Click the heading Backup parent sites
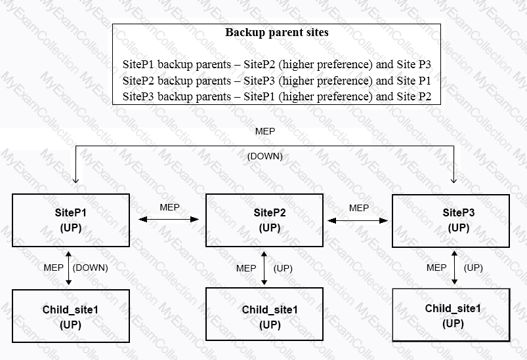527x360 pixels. (276, 33)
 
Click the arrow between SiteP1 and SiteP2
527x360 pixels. (169, 220)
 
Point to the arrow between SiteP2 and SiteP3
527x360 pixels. (358, 220)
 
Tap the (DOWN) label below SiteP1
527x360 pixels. (90, 268)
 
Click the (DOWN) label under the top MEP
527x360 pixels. (265, 156)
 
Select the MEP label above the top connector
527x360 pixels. (265, 131)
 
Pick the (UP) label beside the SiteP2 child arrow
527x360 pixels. (283, 268)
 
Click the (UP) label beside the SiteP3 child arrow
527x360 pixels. (473, 268)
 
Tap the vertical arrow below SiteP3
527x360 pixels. (454, 268)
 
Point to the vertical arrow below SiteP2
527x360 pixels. (264, 268)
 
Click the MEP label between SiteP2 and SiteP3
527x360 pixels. (358, 209)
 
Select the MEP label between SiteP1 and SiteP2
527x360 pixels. (169, 207)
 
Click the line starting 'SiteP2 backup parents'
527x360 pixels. (276, 81)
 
